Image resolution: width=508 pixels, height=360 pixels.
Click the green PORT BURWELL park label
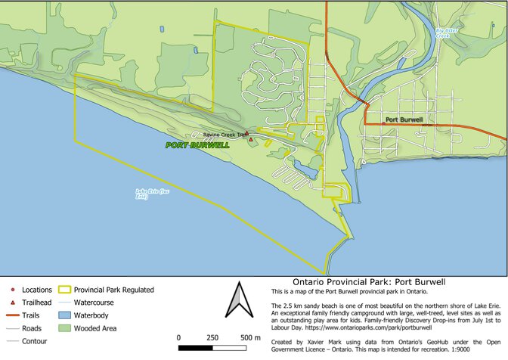pos(197,145)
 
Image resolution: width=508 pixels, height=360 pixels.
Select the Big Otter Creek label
pos(447,33)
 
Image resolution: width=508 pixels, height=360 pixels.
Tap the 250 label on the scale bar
pos(212,337)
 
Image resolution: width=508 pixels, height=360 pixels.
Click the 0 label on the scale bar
pos(179,337)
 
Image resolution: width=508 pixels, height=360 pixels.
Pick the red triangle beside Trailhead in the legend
pos(13,303)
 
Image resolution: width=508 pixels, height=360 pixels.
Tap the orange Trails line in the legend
pos(12,315)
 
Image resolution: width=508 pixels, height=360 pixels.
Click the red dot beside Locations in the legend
pos(13,290)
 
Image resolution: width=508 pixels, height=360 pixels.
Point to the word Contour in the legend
pos(36,341)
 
